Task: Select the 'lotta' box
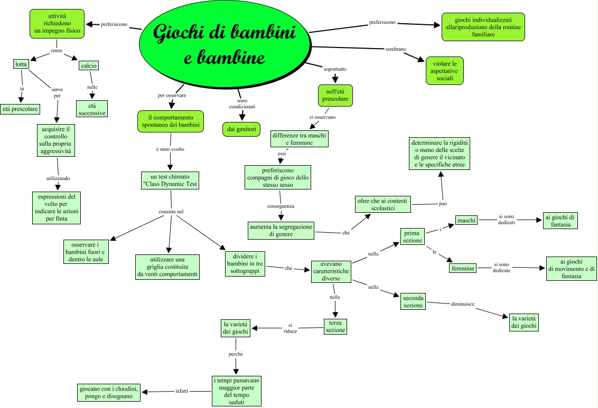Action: click(20, 64)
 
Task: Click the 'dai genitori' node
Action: click(241, 129)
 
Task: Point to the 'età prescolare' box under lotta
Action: click(21, 109)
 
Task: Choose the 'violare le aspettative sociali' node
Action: click(445, 70)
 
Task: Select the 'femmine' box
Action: click(463, 268)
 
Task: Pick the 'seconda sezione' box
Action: click(413, 301)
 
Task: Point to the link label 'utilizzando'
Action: click(58, 178)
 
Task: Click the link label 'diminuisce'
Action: click(462, 304)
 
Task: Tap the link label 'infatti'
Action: click(182, 391)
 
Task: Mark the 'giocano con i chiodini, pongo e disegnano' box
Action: click(108, 392)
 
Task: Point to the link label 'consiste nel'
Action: click(171, 212)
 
